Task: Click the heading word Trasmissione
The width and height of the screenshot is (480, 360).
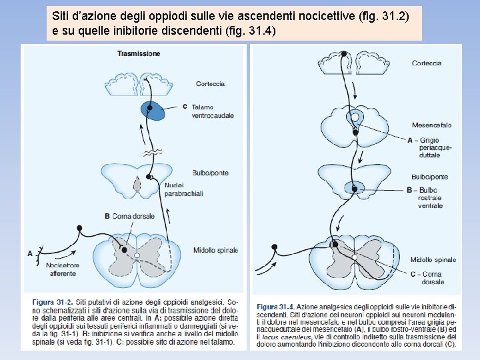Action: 139,53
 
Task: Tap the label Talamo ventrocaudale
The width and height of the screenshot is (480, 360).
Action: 212,111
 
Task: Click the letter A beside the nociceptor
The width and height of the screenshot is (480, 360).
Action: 29,253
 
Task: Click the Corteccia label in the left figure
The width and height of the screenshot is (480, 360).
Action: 210,84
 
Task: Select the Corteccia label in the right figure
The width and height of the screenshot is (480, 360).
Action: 427,63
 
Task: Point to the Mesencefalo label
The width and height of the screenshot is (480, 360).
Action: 431,125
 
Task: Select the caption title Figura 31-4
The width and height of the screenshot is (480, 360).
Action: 275,307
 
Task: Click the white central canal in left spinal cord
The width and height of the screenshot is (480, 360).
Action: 137,255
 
